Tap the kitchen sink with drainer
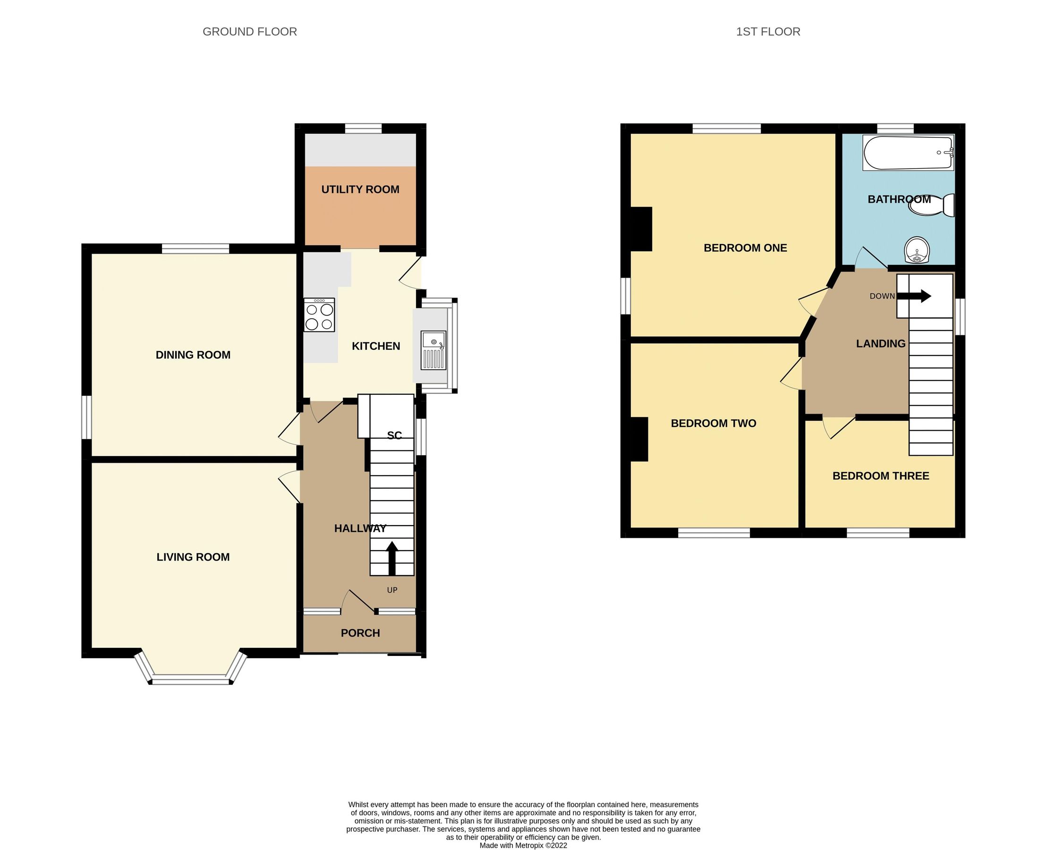coord(433,350)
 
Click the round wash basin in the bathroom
coord(917,250)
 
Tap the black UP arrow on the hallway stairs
coord(392,558)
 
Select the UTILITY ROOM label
coord(360,189)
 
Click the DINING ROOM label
coord(193,355)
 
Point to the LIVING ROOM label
coord(193,557)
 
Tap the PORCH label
coord(360,633)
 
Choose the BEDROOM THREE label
coord(880,476)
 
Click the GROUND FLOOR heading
coord(250,32)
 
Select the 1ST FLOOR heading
coord(768,32)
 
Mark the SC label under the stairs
coord(394,435)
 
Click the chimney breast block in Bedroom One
coord(641,229)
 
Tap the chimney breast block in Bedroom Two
coord(639,439)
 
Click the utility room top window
coord(363,128)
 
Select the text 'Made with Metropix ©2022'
coord(523,845)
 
